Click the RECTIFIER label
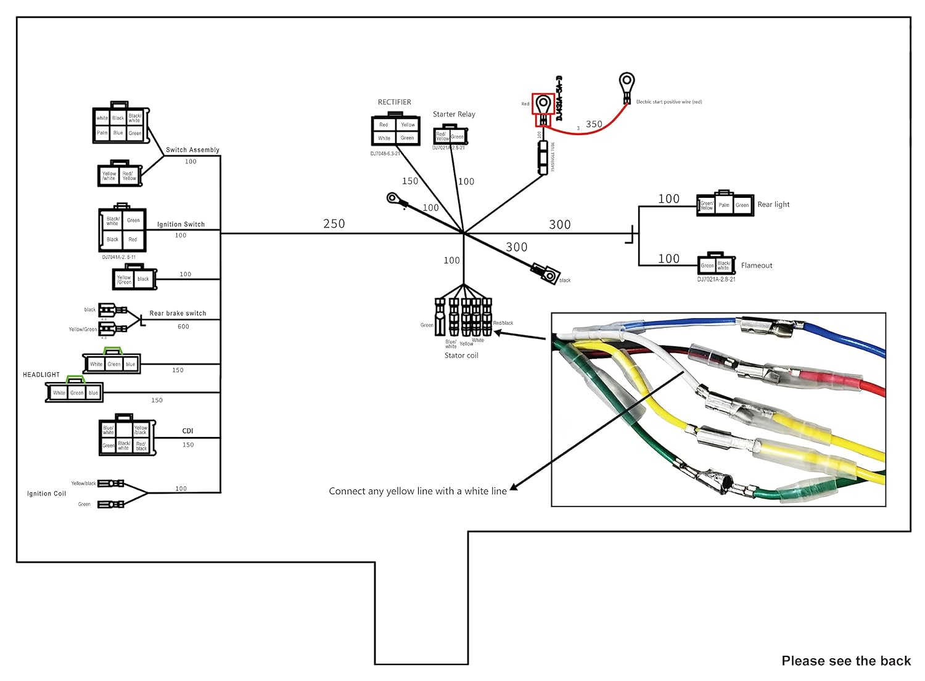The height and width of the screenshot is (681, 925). coord(394,102)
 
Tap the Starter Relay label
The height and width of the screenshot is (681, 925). coord(454,114)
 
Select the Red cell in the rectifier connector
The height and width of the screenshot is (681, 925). coord(384,124)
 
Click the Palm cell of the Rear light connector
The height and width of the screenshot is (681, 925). coord(724,205)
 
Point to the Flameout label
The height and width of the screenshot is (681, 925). coord(757,266)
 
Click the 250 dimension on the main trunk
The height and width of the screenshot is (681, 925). coord(334,224)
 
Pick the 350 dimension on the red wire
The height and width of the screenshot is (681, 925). coord(594,124)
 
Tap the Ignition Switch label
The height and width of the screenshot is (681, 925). coord(181,224)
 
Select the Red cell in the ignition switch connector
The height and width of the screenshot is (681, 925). coord(133,239)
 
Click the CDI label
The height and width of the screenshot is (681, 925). coord(187,431)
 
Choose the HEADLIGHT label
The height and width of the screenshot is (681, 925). coord(41,375)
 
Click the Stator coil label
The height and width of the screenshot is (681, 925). coord(461,356)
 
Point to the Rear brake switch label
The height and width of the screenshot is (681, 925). coord(178,313)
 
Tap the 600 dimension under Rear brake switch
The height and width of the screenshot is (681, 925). coord(183,327)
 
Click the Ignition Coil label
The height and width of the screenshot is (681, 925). coord(46,494)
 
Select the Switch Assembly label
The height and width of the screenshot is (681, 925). coord(192,150)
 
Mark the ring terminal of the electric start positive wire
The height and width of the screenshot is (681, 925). coord(627,81)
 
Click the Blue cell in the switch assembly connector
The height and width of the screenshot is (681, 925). coord(118,133)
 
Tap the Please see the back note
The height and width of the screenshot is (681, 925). coord(846,661)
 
